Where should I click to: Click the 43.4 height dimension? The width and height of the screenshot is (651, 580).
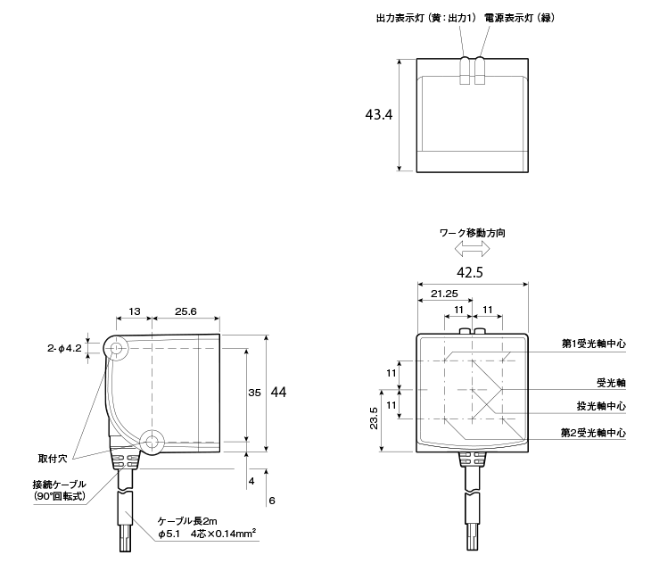(379, 115)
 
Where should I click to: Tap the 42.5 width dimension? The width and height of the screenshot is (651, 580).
(470, 272)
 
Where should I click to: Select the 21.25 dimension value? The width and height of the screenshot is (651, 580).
(444, 294)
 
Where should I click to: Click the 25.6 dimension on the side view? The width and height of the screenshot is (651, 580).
(185, 311)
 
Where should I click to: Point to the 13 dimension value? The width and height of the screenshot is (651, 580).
(135, 311)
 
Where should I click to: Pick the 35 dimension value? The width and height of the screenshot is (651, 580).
(254, 393)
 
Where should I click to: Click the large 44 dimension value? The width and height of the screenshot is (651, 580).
(278, 393)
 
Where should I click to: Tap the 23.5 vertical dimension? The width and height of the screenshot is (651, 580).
(374, 418)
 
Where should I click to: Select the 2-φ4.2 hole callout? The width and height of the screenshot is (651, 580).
(64, 348)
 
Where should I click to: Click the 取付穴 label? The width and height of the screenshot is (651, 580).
(53, 459)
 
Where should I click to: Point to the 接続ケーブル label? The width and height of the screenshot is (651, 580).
(60, 484)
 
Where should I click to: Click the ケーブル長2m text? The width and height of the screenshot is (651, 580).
(187, 521)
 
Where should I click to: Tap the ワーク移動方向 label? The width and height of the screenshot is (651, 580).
(472, 233)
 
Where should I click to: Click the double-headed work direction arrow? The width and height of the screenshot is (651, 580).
(472, 249)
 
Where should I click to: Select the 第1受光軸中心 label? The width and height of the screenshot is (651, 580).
(594, 344)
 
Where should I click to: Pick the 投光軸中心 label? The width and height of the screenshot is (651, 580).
(601, 406)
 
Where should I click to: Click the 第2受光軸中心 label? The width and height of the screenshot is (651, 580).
(593, 433)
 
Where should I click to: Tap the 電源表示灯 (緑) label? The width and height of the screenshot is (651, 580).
(519, 18)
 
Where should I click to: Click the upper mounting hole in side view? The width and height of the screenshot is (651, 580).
(117, 348)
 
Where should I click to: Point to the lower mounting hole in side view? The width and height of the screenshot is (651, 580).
(152, 442)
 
